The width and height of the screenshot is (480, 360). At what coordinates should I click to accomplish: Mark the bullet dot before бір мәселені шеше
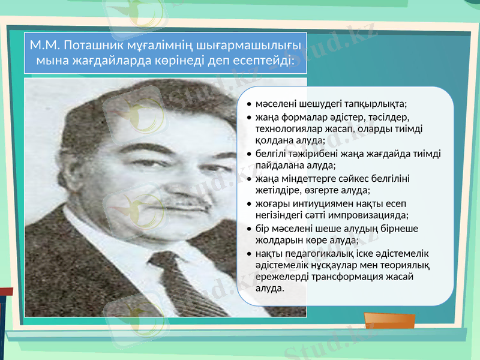click(x=248, y=230)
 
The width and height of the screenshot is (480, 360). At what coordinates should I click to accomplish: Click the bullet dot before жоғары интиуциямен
click(x=248, y=205)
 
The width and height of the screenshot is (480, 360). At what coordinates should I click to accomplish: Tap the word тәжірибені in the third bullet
click(x=313, y=154)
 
